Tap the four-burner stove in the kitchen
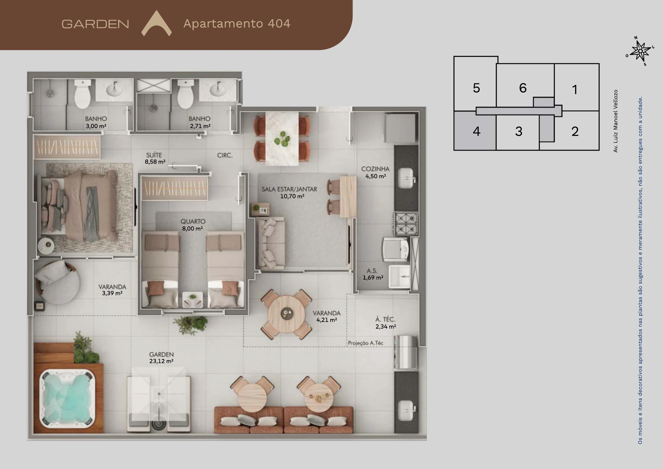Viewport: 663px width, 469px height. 406,224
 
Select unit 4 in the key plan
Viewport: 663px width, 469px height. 475,131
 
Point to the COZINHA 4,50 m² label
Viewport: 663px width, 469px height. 375,172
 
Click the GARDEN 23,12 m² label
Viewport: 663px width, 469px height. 161,358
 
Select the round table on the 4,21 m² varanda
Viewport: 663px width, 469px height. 286,314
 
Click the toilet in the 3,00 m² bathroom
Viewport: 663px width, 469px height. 83,94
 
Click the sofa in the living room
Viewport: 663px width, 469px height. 271,243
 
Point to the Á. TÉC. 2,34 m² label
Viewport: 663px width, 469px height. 385,323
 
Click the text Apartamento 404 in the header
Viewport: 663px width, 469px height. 237,23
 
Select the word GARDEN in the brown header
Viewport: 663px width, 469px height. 95,24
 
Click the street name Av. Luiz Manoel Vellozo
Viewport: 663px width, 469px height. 615,121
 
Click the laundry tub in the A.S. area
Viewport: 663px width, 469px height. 399,276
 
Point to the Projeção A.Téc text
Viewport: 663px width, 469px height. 366,343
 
